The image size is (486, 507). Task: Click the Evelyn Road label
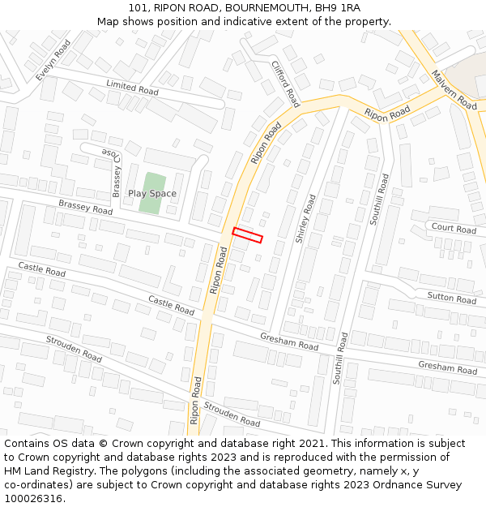53,60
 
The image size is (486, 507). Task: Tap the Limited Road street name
132,88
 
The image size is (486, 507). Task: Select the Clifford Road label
285,84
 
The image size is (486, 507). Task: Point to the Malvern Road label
454,90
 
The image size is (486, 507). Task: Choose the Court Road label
454,229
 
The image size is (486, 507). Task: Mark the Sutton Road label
451,298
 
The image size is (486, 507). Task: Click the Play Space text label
151,194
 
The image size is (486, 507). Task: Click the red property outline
248,234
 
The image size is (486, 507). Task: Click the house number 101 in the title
139,7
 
